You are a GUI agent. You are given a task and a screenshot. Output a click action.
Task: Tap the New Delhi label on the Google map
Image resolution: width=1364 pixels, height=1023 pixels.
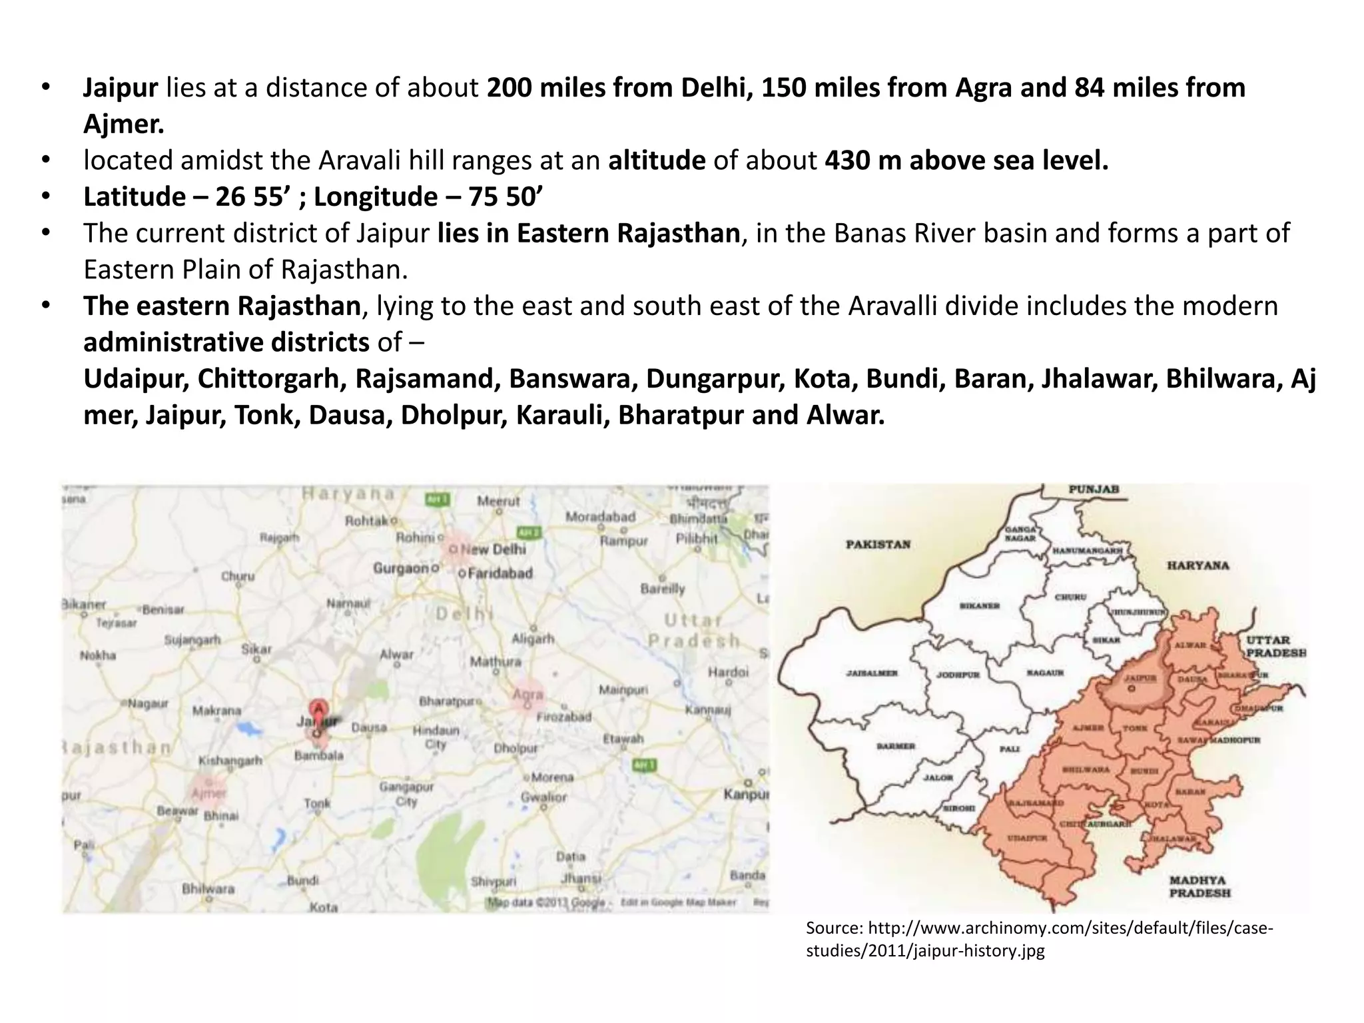pos(494,549)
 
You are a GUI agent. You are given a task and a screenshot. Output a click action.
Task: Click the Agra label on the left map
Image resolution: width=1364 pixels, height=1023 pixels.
pos(527,695)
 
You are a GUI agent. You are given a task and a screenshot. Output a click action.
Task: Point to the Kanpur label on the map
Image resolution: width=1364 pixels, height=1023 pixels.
pos(745,794)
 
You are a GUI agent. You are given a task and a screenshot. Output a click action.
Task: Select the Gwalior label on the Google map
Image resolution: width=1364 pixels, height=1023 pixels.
pos(543,797)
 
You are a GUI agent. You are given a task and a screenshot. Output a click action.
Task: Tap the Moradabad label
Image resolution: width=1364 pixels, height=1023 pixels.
pos(600,517)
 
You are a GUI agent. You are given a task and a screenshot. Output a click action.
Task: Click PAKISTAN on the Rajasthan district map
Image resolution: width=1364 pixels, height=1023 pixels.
pos(878,545)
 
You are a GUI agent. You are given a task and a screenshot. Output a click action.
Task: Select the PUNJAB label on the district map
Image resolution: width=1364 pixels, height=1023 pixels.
pos(1094,490)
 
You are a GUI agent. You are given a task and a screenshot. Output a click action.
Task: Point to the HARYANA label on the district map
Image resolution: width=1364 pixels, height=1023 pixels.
pos(1197,565)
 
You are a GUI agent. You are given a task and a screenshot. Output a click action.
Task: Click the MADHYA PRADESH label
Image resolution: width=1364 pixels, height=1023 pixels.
pos(1199,886)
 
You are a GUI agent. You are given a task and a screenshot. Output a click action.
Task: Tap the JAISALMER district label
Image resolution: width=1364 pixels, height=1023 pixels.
pos(872,673)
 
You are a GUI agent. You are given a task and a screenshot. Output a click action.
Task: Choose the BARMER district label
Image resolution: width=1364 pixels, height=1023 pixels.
pos(896,746)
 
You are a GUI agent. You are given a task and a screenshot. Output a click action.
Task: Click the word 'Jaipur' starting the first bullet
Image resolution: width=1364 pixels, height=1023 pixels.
pos(121,88)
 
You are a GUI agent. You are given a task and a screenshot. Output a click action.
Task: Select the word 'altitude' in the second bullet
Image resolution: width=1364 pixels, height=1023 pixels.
pos(657,161)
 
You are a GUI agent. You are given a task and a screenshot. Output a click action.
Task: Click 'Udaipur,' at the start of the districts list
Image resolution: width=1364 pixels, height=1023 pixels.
pos(136,379)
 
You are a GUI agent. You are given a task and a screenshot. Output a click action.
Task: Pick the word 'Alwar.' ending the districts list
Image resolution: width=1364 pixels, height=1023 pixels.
pos(845,415)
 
